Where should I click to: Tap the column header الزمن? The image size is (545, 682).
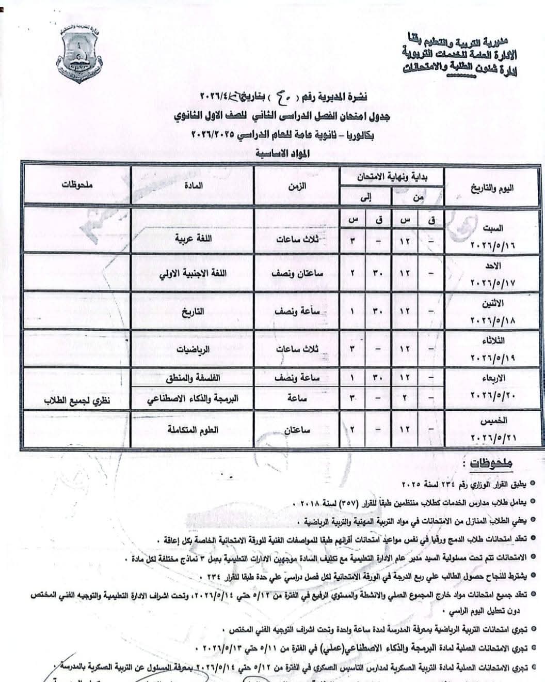point(297,186)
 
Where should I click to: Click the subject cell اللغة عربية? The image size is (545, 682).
point(193,240)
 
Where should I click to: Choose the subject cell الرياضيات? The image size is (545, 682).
point(194,349)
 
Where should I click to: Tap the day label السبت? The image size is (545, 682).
point(492,227)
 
